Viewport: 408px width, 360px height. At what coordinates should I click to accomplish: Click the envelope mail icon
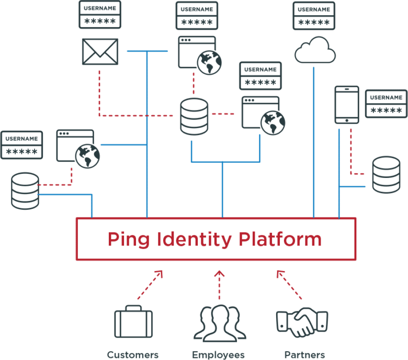[x=100, y=51]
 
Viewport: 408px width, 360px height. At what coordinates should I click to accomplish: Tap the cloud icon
[x=314, y=50]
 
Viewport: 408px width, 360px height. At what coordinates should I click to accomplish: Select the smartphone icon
[x=346, y=105]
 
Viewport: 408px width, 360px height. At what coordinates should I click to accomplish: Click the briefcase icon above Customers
[x=133, y=322]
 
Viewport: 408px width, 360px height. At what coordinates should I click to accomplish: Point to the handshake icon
[x=302, y=323]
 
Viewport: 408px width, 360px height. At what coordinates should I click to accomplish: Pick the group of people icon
[x=219, y=322]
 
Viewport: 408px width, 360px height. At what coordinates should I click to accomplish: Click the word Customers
[x=133, y=355]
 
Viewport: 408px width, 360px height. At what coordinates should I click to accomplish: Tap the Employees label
[x=218, y=355]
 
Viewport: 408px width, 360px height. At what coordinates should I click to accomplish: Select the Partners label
[x=304, y=355]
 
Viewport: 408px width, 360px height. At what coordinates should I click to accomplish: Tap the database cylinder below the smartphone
[x=386, y=175]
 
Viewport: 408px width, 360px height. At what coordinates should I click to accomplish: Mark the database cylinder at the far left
[x=25, y=190]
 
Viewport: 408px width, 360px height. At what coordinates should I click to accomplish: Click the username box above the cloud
[x=314, y=16]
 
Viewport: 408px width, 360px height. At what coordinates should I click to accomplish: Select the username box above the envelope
[x=99, y=15]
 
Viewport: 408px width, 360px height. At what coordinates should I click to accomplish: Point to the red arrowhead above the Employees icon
[x=219, y=273]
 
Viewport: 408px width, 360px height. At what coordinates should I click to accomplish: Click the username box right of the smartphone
[x=386, y=104]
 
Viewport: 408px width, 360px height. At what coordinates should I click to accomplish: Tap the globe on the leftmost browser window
[x=87, y=156]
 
